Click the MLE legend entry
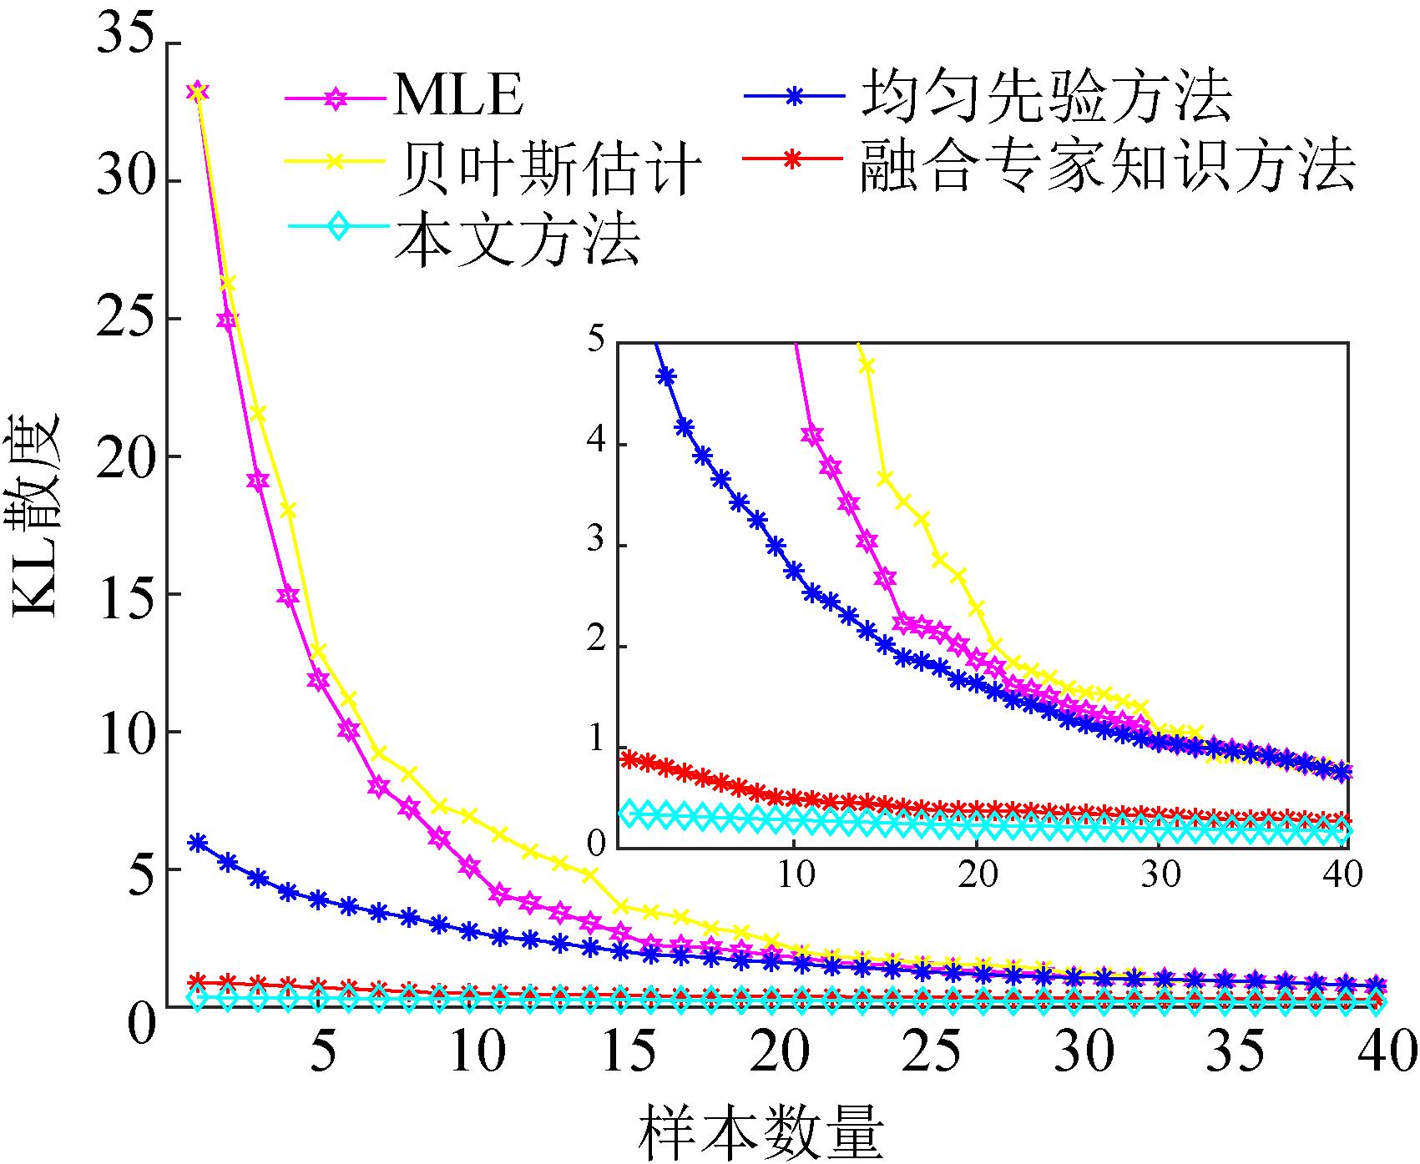click(457, 96)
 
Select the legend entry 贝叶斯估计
click(547, 167)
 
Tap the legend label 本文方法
click(518, 239)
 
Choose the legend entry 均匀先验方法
click(1046, 96)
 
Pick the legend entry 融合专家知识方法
click(1107, 165)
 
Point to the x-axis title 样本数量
click(761, 1132)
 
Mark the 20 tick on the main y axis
click(125, 456)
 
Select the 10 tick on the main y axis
click(125, 732)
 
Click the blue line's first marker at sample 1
click(198, 842)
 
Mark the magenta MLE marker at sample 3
click(258, 481)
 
